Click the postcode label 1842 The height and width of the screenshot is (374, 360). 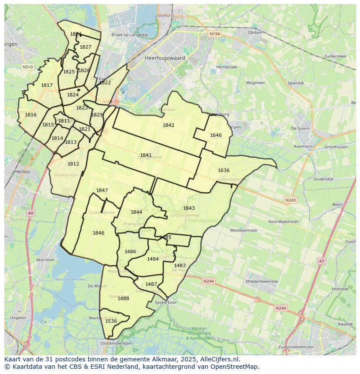pos(168,125)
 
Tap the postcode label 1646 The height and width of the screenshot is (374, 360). pos(216,135)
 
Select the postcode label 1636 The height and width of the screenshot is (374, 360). pos(223,170)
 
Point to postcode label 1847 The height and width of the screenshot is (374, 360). pos(102,190)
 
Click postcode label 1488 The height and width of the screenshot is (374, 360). pos(123,298)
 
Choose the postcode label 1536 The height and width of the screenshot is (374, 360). pos(111,321)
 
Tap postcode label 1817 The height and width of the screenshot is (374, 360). pos(47,85)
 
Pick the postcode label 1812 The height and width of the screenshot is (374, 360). pos(73,164)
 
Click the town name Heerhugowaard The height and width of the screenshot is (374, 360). pos(165,58)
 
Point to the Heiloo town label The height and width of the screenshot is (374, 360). pos(22,172)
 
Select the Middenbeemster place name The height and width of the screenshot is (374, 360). pos(262,281)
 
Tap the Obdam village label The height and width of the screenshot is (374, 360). pos(255,32)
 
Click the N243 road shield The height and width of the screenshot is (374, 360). pos(290,200)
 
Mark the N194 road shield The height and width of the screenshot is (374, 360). pos(214,33)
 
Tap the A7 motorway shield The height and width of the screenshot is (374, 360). pos(321,261)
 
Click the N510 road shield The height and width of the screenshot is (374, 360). pos(27,67)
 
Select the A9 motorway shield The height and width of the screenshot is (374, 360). pos(30,213)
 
